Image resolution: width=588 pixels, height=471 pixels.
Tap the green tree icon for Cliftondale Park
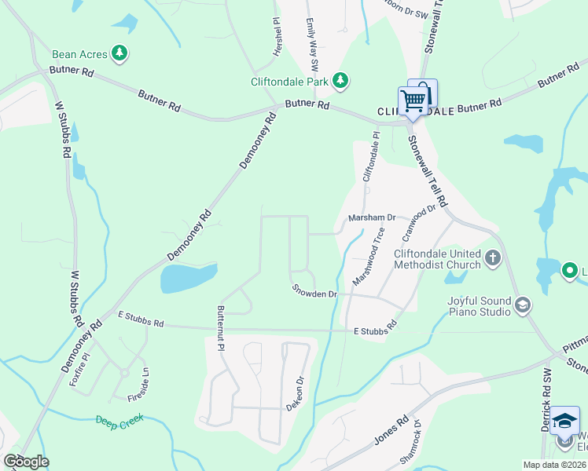pos(340,80)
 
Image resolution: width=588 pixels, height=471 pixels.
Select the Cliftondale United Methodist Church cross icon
pos(492,258)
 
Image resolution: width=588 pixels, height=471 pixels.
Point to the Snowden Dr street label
pos(314,294)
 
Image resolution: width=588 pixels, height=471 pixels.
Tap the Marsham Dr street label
pos(371,217)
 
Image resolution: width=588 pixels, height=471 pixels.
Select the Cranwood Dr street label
pos(419,224)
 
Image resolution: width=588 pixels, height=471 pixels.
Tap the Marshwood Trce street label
pos(369,255)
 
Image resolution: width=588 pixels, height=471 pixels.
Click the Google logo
pos(26,462)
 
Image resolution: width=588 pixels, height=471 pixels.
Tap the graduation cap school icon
pos(564,422)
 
